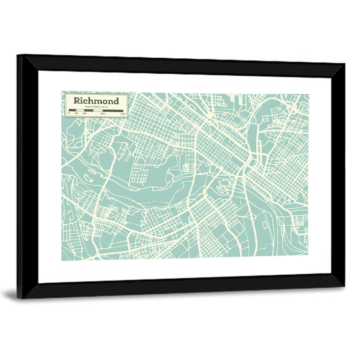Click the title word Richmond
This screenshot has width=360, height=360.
coord(96,100)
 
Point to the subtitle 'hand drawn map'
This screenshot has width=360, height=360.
coord(96,107)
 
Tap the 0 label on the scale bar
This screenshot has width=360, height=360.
coord(69,113)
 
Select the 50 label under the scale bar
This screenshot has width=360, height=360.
coord(76,113)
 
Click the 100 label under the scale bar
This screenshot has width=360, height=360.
coord(84,113)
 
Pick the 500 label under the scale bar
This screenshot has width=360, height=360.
coord(103,113)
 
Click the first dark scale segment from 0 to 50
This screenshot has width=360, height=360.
coord(72,111)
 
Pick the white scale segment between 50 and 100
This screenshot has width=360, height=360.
coord(80,111)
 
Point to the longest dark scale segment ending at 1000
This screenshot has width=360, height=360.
coord(113,111)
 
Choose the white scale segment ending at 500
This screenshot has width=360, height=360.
coord(98,111)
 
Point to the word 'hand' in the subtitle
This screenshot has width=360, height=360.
coord(89,107)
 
